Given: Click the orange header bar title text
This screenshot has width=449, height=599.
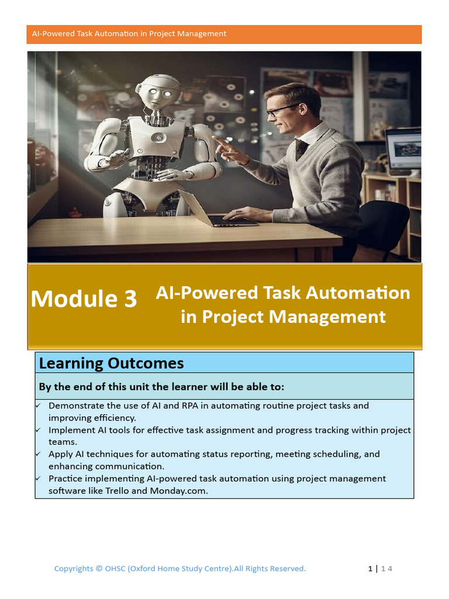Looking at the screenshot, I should (x=129, y=34).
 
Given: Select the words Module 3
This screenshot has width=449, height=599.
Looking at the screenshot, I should (x=84, y=299).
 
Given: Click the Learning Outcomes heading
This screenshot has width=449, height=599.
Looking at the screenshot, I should (x=111, y=363).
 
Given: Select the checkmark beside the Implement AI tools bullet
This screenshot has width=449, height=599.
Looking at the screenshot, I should (x=39, y=430).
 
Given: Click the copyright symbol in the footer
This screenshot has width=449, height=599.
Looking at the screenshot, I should (x=99, y=569).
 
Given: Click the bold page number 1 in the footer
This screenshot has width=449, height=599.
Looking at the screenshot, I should (x=370, y=569).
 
